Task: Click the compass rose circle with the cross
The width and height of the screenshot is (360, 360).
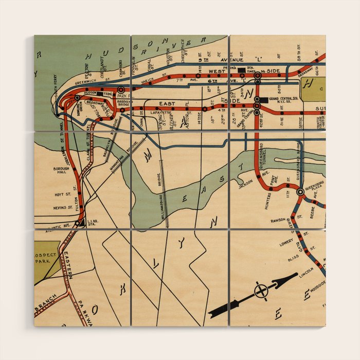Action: pos(261,291)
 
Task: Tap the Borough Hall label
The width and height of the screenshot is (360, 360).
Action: pos(61,171)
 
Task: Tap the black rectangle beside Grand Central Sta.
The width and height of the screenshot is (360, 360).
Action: pos(264,99)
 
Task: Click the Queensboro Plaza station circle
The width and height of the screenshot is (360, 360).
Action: pos(300,192)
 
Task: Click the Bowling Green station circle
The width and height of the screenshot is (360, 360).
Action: pos(77,97)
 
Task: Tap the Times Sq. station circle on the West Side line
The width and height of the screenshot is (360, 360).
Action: pos(258,75)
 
